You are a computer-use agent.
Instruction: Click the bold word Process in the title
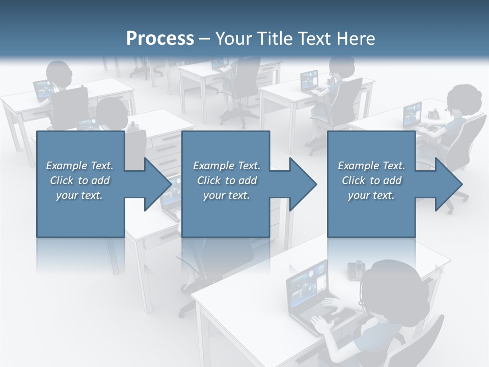point(160,39)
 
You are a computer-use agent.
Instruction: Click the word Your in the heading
point(234,39)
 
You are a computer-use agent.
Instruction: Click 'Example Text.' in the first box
point(79,166)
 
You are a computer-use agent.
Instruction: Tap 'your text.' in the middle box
point(226,195)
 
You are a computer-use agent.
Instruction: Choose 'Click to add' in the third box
point(371,180)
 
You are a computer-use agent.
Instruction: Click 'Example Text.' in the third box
point(371,166)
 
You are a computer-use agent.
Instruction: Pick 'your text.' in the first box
point(79,195)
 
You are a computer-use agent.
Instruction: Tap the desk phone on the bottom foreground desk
point(356,269)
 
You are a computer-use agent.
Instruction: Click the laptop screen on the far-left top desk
point(43,90)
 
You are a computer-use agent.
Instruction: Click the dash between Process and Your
point(204,39)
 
